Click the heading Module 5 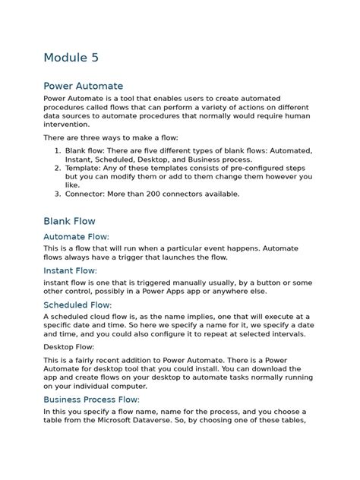tap(71, 58)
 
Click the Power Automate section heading tap(83, 86)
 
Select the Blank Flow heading tap(69, 221)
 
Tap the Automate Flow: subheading tap(76, 237)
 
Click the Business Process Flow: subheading tap(91, 399)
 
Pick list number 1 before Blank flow tap(58, 151)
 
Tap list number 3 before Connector tap(58, 194)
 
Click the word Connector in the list tap(87, 194)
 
